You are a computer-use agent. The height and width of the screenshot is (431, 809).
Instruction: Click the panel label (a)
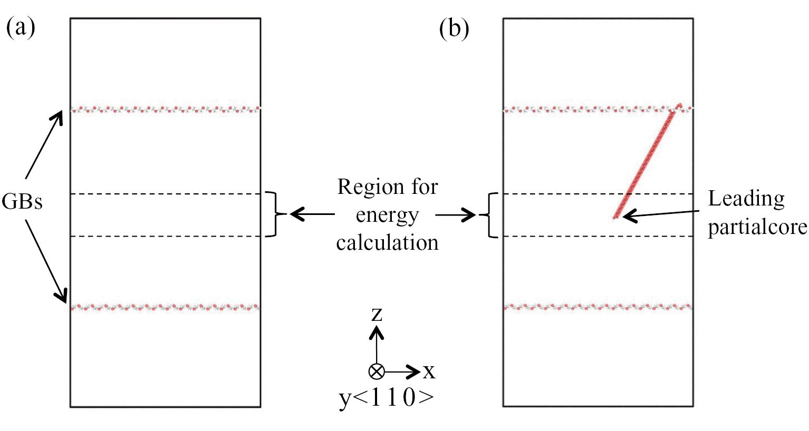[21, 28]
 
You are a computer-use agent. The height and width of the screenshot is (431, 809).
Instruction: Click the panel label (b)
[454, 28]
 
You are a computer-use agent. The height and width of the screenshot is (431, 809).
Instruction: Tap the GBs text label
[22, 201]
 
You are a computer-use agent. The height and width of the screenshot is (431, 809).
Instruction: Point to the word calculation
[387, 242]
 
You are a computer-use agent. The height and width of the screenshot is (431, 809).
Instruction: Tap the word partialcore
[757, 227]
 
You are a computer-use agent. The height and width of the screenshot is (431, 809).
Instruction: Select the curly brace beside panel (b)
[489, 215]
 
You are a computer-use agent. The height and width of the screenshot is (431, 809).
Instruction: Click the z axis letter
[377, 315]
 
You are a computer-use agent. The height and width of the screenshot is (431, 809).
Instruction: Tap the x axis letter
[429, 371]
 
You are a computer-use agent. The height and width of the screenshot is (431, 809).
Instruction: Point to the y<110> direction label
[387, 397]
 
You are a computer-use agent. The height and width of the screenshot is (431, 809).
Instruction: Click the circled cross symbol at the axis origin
[377, 371]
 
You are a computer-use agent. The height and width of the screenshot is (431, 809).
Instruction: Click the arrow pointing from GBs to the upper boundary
[44, 145]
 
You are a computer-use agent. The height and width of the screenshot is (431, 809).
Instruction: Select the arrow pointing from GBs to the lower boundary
[46, 262]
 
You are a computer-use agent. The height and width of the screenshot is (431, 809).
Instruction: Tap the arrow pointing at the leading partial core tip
[661, 214]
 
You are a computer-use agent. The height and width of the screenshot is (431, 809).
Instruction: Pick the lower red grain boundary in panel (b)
[598, 307]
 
